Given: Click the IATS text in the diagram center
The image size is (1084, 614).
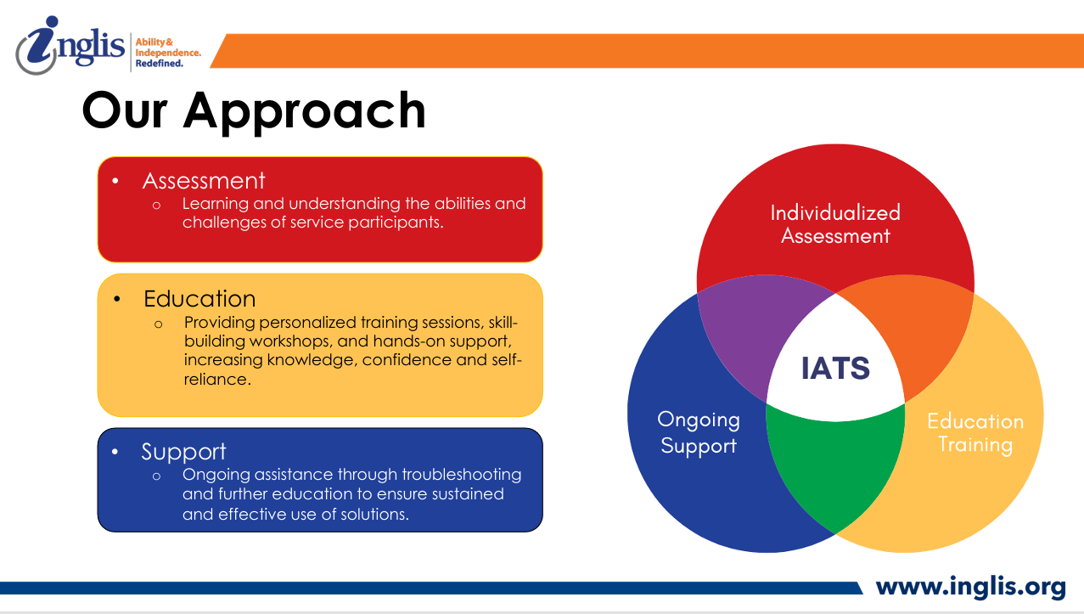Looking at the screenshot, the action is tap(835, 368).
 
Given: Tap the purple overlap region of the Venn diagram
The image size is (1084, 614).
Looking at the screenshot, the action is tap(755, 330).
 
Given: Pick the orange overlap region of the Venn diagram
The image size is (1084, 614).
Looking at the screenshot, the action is tap(914, 330).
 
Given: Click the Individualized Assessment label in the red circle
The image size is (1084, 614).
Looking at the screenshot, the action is tap(835, 224).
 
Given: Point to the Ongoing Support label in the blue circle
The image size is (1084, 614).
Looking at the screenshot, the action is tap(699, 432).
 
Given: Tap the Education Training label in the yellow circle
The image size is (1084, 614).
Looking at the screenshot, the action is tap(975, 432).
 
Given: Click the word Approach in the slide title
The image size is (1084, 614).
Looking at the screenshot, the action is tap(305, 112).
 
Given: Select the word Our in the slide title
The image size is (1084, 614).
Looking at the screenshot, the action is tap(125, 111).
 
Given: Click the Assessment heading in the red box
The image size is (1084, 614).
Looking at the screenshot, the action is tap(204, 181).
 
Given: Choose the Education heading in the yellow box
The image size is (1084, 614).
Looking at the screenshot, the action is tap(199, 299).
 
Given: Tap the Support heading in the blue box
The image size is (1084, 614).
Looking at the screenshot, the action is tap(183, 453).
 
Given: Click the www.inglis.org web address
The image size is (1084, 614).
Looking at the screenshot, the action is tap(971, 587).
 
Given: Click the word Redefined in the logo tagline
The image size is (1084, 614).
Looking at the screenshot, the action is tap(160, 64).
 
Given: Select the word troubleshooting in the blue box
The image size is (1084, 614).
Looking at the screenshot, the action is tap(461, 475).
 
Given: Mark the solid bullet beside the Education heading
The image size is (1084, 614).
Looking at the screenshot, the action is tap(116, 299).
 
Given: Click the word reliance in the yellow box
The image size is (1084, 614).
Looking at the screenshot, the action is tap(217, 379).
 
